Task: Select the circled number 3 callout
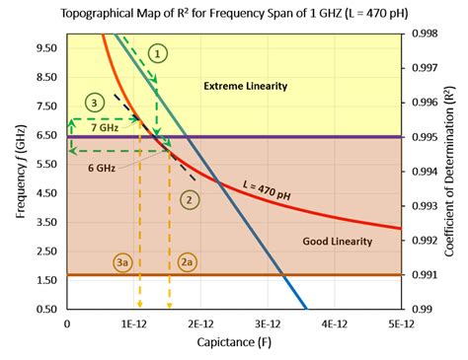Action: pyautogui.click(x=93, y=103)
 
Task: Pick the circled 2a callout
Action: pyautogui.click(x=188, y=263)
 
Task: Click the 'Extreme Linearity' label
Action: pyautogui.click(x=245, y=87)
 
